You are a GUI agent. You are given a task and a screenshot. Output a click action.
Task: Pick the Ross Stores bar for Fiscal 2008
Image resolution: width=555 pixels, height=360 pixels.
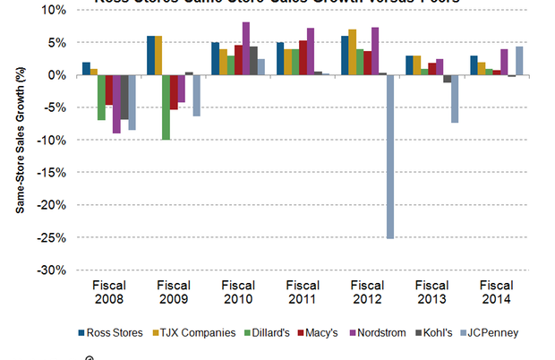(86, 69)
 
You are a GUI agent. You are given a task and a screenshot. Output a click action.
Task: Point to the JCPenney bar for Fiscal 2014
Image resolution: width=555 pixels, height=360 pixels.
(520, 61)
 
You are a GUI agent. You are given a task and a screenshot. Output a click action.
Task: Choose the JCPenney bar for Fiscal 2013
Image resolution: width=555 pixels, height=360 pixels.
(455, 99)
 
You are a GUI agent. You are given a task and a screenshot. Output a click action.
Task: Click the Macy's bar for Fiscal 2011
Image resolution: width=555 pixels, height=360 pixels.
(303, 58)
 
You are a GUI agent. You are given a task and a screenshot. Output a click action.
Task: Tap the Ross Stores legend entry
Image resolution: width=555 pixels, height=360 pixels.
(115, 333)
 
